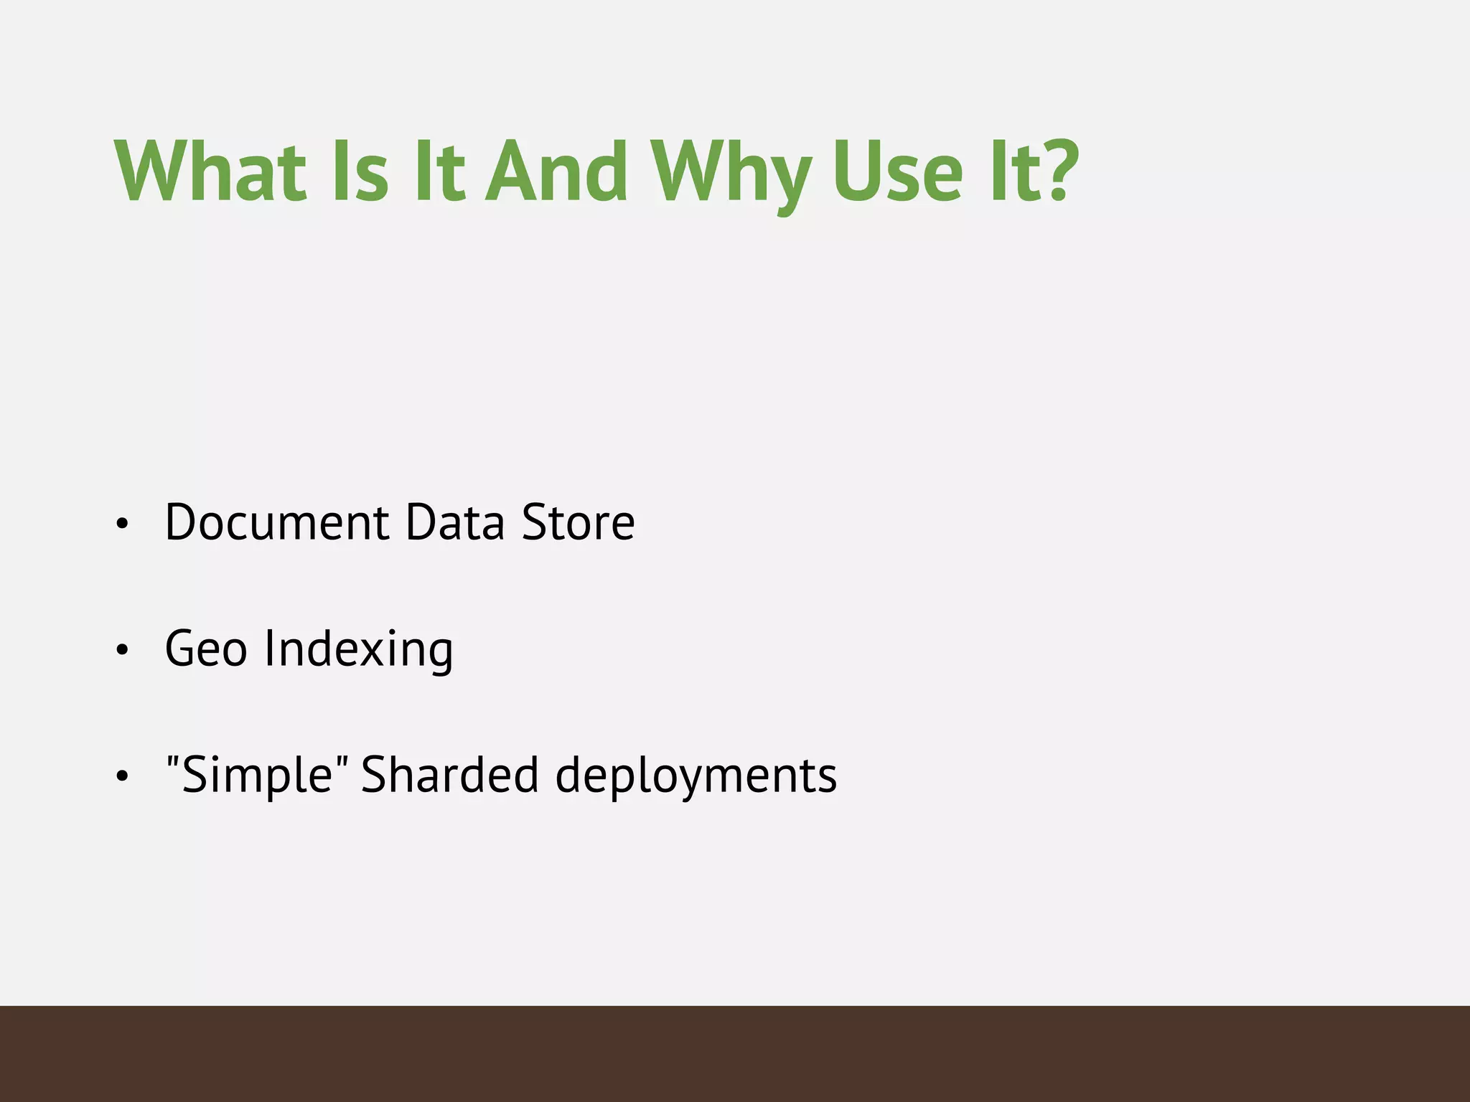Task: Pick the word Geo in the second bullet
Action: (x=206, y=649)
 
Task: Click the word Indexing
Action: (x=359, y=650)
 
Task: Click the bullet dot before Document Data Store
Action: (x=122, y=524)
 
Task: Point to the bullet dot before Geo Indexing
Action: (x=122, y=651)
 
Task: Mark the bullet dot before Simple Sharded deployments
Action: (x=122, y=777)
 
